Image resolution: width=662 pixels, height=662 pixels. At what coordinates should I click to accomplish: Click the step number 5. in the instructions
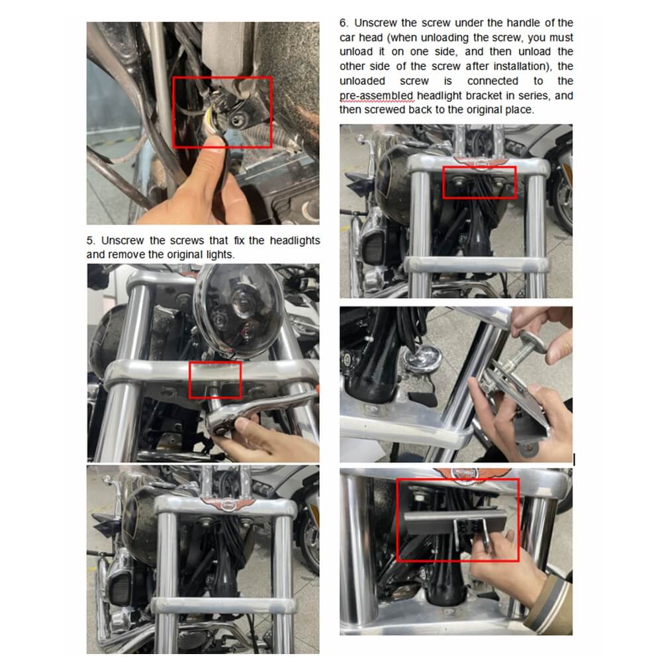91,240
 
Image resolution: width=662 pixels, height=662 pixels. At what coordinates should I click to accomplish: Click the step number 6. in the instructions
344,23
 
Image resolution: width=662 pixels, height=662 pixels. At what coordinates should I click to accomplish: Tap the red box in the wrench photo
215,380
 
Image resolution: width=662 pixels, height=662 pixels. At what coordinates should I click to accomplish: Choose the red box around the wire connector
222,112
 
